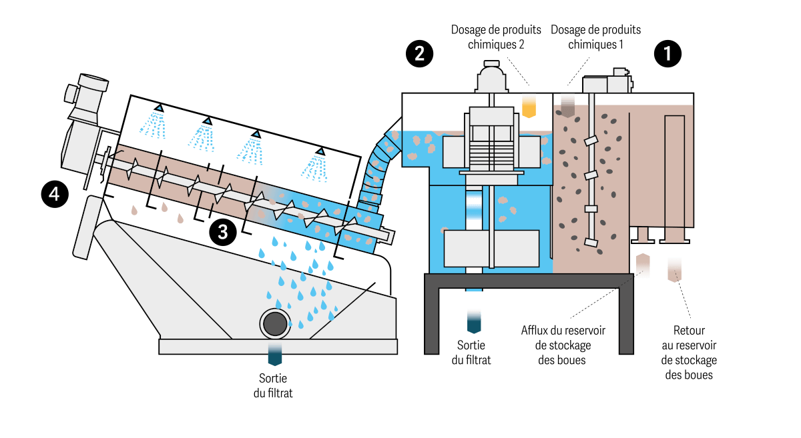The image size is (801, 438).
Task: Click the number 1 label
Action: click(667, 54)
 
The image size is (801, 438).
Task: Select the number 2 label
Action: click(419, 54)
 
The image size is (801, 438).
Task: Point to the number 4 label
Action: click(54, 194)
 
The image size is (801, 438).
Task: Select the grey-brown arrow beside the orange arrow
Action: click(567, 105)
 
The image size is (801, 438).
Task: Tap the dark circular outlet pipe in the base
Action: click(275, 324)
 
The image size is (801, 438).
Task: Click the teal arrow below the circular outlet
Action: click(275, 354)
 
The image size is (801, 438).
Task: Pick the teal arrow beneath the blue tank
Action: click(474, 320)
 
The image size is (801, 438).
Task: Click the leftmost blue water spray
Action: click(154, 124)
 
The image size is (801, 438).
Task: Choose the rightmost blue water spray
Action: click(315, 167)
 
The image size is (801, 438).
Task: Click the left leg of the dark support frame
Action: click(432, 320)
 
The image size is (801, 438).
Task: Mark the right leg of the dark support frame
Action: click(626, 320)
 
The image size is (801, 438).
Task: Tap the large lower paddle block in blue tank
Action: click(491, 249)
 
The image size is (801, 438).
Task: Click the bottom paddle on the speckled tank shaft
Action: click(590, 242)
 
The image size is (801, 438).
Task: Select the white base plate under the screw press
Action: click(278, 347)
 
